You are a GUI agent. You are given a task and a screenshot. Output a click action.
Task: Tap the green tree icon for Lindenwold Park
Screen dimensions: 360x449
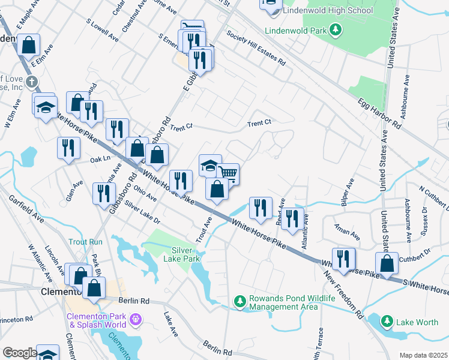tap(336, 29)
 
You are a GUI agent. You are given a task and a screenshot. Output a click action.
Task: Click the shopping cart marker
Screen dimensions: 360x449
tap(228, 173)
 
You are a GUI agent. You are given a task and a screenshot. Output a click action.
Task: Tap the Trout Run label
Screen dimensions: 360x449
tap(85, 242)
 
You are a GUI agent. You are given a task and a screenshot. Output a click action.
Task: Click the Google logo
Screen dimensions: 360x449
tap(19, 353)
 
